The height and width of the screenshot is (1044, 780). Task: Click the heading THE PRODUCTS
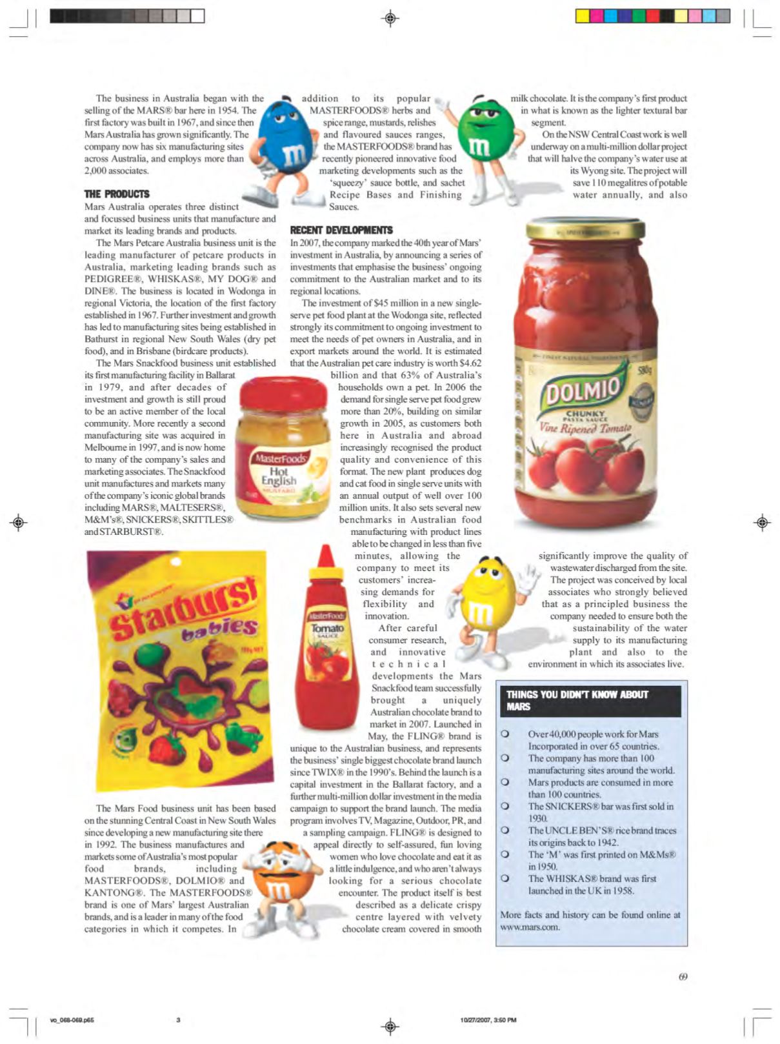(117, 194)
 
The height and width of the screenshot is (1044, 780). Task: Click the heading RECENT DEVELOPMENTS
(341, 230)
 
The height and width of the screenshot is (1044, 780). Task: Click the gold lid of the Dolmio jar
(585, 228)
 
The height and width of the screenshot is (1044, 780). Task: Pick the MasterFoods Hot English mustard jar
(283, 448)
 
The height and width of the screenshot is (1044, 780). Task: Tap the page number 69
(683, 976)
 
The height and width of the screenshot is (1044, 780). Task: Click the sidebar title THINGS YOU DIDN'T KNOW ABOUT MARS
(577, 701)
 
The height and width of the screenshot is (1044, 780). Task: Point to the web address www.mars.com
(530, 927)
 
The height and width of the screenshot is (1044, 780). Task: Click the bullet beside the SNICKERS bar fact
(505, 807)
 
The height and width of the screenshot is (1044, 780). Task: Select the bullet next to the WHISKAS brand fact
(505, 879)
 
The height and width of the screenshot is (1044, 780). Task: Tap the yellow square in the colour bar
(582, 16)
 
